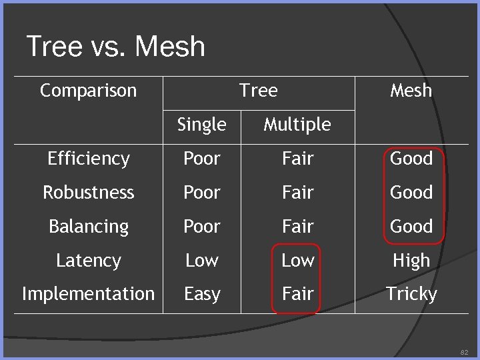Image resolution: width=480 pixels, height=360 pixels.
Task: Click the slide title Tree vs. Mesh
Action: click(115, 47)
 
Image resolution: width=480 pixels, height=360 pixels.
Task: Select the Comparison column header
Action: click(88, 90)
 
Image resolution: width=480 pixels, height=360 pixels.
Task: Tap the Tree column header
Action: click(258, 90)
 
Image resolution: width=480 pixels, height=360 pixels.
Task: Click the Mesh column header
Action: click(411, 90)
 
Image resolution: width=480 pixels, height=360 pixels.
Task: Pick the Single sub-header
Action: click(201, 124)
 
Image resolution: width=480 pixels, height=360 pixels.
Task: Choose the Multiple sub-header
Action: click(297, 124)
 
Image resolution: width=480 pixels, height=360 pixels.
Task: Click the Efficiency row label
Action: click(88, 159)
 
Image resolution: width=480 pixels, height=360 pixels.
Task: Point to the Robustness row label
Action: click(88, 193)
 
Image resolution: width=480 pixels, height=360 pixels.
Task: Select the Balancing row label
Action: click(88, 227)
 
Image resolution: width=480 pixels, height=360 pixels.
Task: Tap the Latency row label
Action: click(88, 261)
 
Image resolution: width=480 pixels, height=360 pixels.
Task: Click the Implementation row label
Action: click(88, 294)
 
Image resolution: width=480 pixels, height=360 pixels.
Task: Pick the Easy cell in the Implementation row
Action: click(201, 294)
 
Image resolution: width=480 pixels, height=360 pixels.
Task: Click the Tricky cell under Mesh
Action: click(411, 294)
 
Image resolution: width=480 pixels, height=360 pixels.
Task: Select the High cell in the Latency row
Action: click(411, 261)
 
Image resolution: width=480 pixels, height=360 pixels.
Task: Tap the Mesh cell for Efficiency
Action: click(411, 159)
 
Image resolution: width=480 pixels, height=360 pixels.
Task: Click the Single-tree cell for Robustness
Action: click(201, 193)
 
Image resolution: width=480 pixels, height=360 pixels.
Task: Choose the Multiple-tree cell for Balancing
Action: click(297, 227)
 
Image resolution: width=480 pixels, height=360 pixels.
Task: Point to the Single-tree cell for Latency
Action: click(201, 261)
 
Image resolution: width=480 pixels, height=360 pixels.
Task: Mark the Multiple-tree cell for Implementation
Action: click(297, 294)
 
